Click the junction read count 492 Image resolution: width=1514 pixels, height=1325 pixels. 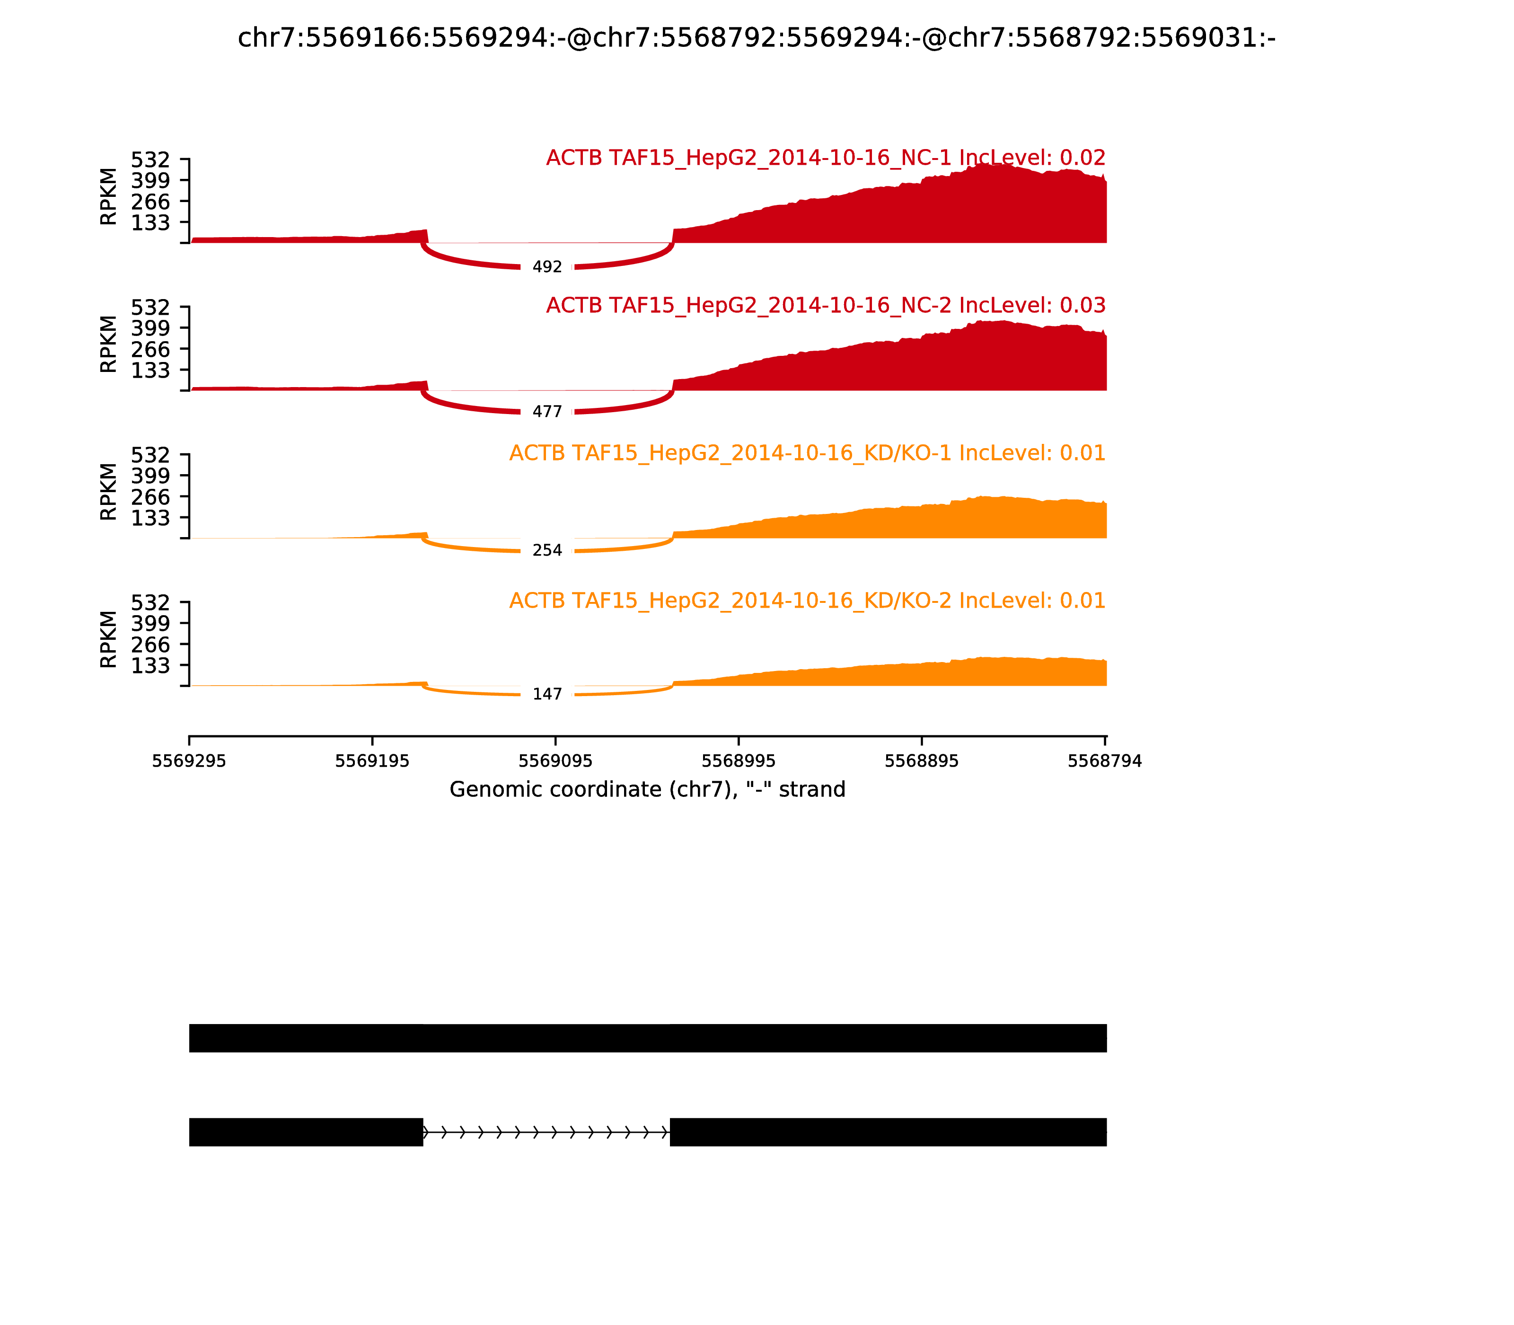click(x=547, y=267)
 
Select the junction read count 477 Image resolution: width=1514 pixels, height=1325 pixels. click(x=547, y=412)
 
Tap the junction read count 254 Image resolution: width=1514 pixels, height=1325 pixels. click(x=547, y=550)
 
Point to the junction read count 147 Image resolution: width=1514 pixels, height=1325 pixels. click(x=547, y=694)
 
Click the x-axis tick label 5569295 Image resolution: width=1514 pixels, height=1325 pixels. click(x=189, y=761)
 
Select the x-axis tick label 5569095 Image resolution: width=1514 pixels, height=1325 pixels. click(x=555, y=761)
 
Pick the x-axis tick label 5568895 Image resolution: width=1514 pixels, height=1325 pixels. click(x=921, y=761)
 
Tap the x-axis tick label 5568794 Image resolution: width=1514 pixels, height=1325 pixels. click(x=1104, y=761)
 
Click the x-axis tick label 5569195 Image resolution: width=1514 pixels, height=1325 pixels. click(x=372, y=761)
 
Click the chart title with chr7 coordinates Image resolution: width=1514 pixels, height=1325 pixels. click(x=756, y=38)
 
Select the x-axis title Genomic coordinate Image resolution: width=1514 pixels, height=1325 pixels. click(x=647, y=790)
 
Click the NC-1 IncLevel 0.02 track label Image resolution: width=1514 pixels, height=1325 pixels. click(x=825, y=158)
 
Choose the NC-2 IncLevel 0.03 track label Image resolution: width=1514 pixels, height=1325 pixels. click(x=825, y=305)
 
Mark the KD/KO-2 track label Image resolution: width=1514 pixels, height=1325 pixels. click(x=807, y=601)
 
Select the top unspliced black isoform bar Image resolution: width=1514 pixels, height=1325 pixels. click(x=648, y=1038)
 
